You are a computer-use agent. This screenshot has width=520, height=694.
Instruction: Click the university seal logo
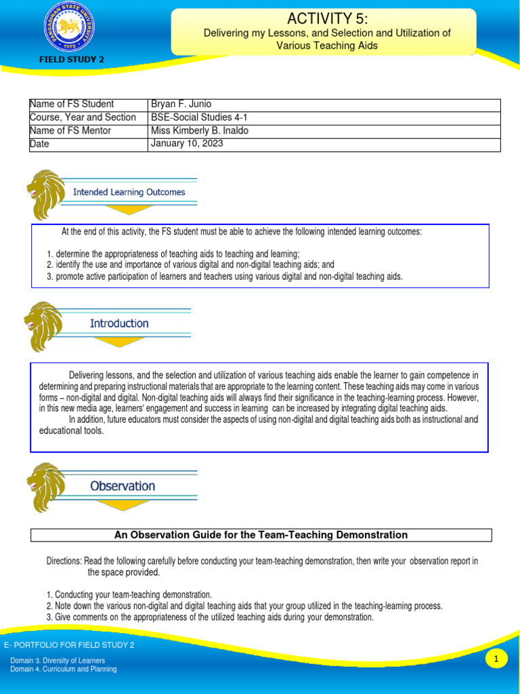point(70,27)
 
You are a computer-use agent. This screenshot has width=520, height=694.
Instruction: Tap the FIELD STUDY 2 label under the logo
point(71,60)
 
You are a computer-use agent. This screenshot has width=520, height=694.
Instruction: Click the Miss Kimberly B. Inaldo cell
point(200,131)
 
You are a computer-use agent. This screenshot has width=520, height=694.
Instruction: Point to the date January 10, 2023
point(187,144)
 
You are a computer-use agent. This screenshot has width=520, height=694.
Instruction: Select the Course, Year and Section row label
point(83,117)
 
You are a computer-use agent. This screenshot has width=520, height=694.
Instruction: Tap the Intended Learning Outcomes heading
point(129,192)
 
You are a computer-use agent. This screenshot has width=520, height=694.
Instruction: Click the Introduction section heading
point(119,323)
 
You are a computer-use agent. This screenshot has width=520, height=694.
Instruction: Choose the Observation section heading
point(123,486)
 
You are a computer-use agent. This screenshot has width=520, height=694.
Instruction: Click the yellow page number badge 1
point(496,659)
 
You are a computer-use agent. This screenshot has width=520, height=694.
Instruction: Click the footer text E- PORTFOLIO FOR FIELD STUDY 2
point(69,645)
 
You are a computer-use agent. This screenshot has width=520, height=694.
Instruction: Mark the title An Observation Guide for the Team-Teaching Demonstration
point(261,535)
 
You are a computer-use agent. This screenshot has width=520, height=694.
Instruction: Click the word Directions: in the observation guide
point(64,561)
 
